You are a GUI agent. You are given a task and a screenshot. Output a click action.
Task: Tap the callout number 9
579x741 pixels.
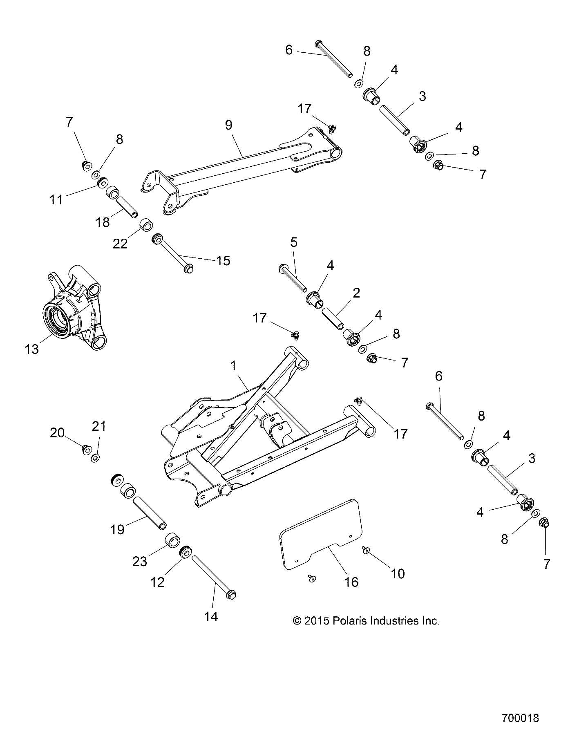[228, 125]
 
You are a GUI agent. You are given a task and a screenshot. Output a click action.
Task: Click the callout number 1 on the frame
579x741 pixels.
[234, 366]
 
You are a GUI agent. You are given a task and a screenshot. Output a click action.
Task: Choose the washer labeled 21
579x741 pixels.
[95, 458]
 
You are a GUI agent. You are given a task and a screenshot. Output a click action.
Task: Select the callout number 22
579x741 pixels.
[121, 244]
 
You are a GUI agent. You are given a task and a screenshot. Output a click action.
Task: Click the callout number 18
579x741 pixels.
[103, 222]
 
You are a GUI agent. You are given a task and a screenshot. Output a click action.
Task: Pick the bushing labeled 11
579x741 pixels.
[103, 181]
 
